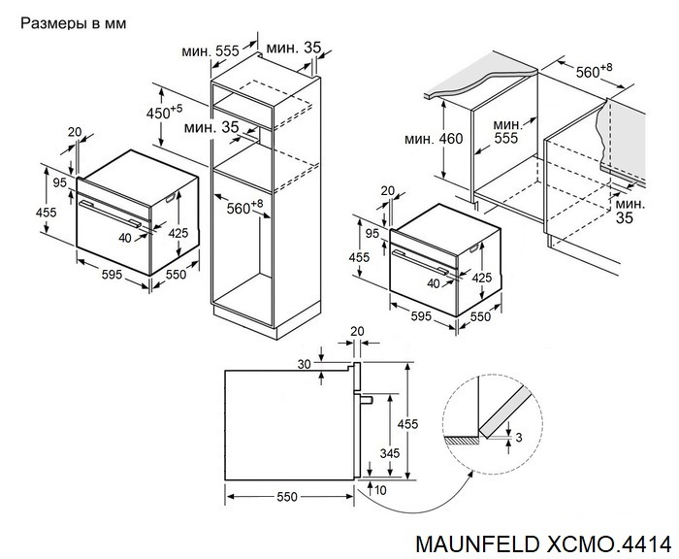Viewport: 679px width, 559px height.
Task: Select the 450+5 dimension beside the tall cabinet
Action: point(163,111)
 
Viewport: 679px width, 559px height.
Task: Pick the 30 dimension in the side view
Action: point(306,364)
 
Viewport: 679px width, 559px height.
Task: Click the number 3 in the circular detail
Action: point(519,439)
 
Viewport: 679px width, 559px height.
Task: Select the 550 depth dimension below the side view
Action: point(284,497)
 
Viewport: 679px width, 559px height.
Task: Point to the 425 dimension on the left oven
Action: point(179,233)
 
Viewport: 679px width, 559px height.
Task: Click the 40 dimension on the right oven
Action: point(433,282)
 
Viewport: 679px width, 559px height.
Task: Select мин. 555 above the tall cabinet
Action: point(213,51)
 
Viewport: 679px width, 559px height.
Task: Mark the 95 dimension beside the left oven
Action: point(58,182)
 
